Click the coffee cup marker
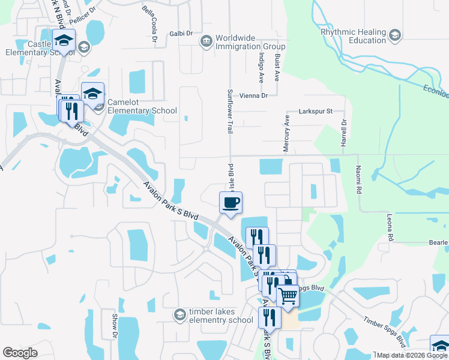coord(231,202)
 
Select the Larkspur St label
coord(316,112)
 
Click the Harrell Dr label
coord(344,133)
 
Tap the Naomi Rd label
coord(358,179)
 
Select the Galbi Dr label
coord(180,34)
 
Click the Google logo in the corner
coord(20,353)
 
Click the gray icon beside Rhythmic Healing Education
coord(395,35)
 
